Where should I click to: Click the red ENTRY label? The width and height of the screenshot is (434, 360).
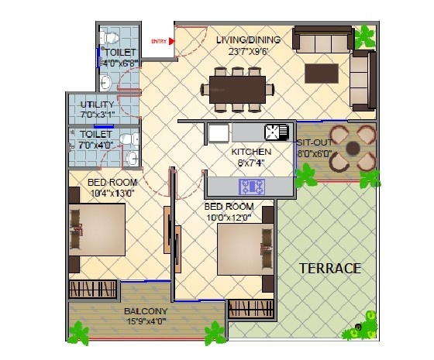pos(159,41)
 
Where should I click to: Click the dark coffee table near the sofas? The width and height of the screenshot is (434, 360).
pos(322,73)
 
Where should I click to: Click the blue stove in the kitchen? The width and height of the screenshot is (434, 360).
pos(251,186)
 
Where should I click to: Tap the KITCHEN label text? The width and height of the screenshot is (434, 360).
pos(252,153)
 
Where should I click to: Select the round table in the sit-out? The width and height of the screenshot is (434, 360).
pos(353,146)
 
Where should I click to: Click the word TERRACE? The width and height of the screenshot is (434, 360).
pos(331,269)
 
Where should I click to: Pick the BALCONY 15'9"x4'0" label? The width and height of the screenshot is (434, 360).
pos(146,316)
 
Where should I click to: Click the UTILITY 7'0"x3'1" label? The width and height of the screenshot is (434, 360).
pos(98,109)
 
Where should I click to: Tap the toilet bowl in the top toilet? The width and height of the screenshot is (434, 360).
pos(111,38)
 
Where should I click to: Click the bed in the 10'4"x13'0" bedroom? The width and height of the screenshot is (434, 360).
pos(97,228)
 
